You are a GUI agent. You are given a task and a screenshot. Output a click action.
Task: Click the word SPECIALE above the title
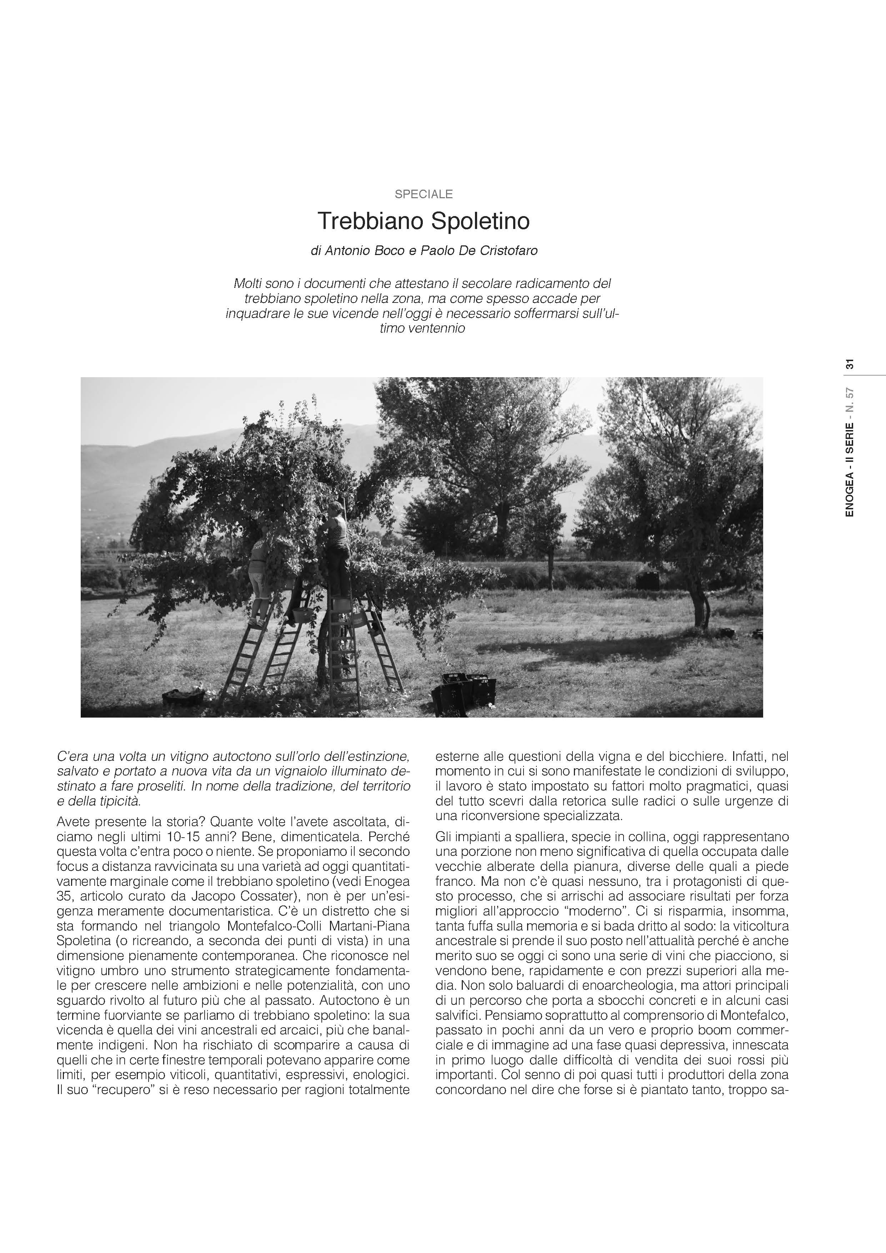(424, 194)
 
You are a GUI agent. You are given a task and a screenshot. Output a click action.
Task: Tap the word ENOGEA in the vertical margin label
(850, 496)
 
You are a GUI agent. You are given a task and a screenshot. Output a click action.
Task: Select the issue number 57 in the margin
(850, 395)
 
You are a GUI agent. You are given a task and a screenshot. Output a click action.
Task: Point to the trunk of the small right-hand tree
(698, 606)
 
